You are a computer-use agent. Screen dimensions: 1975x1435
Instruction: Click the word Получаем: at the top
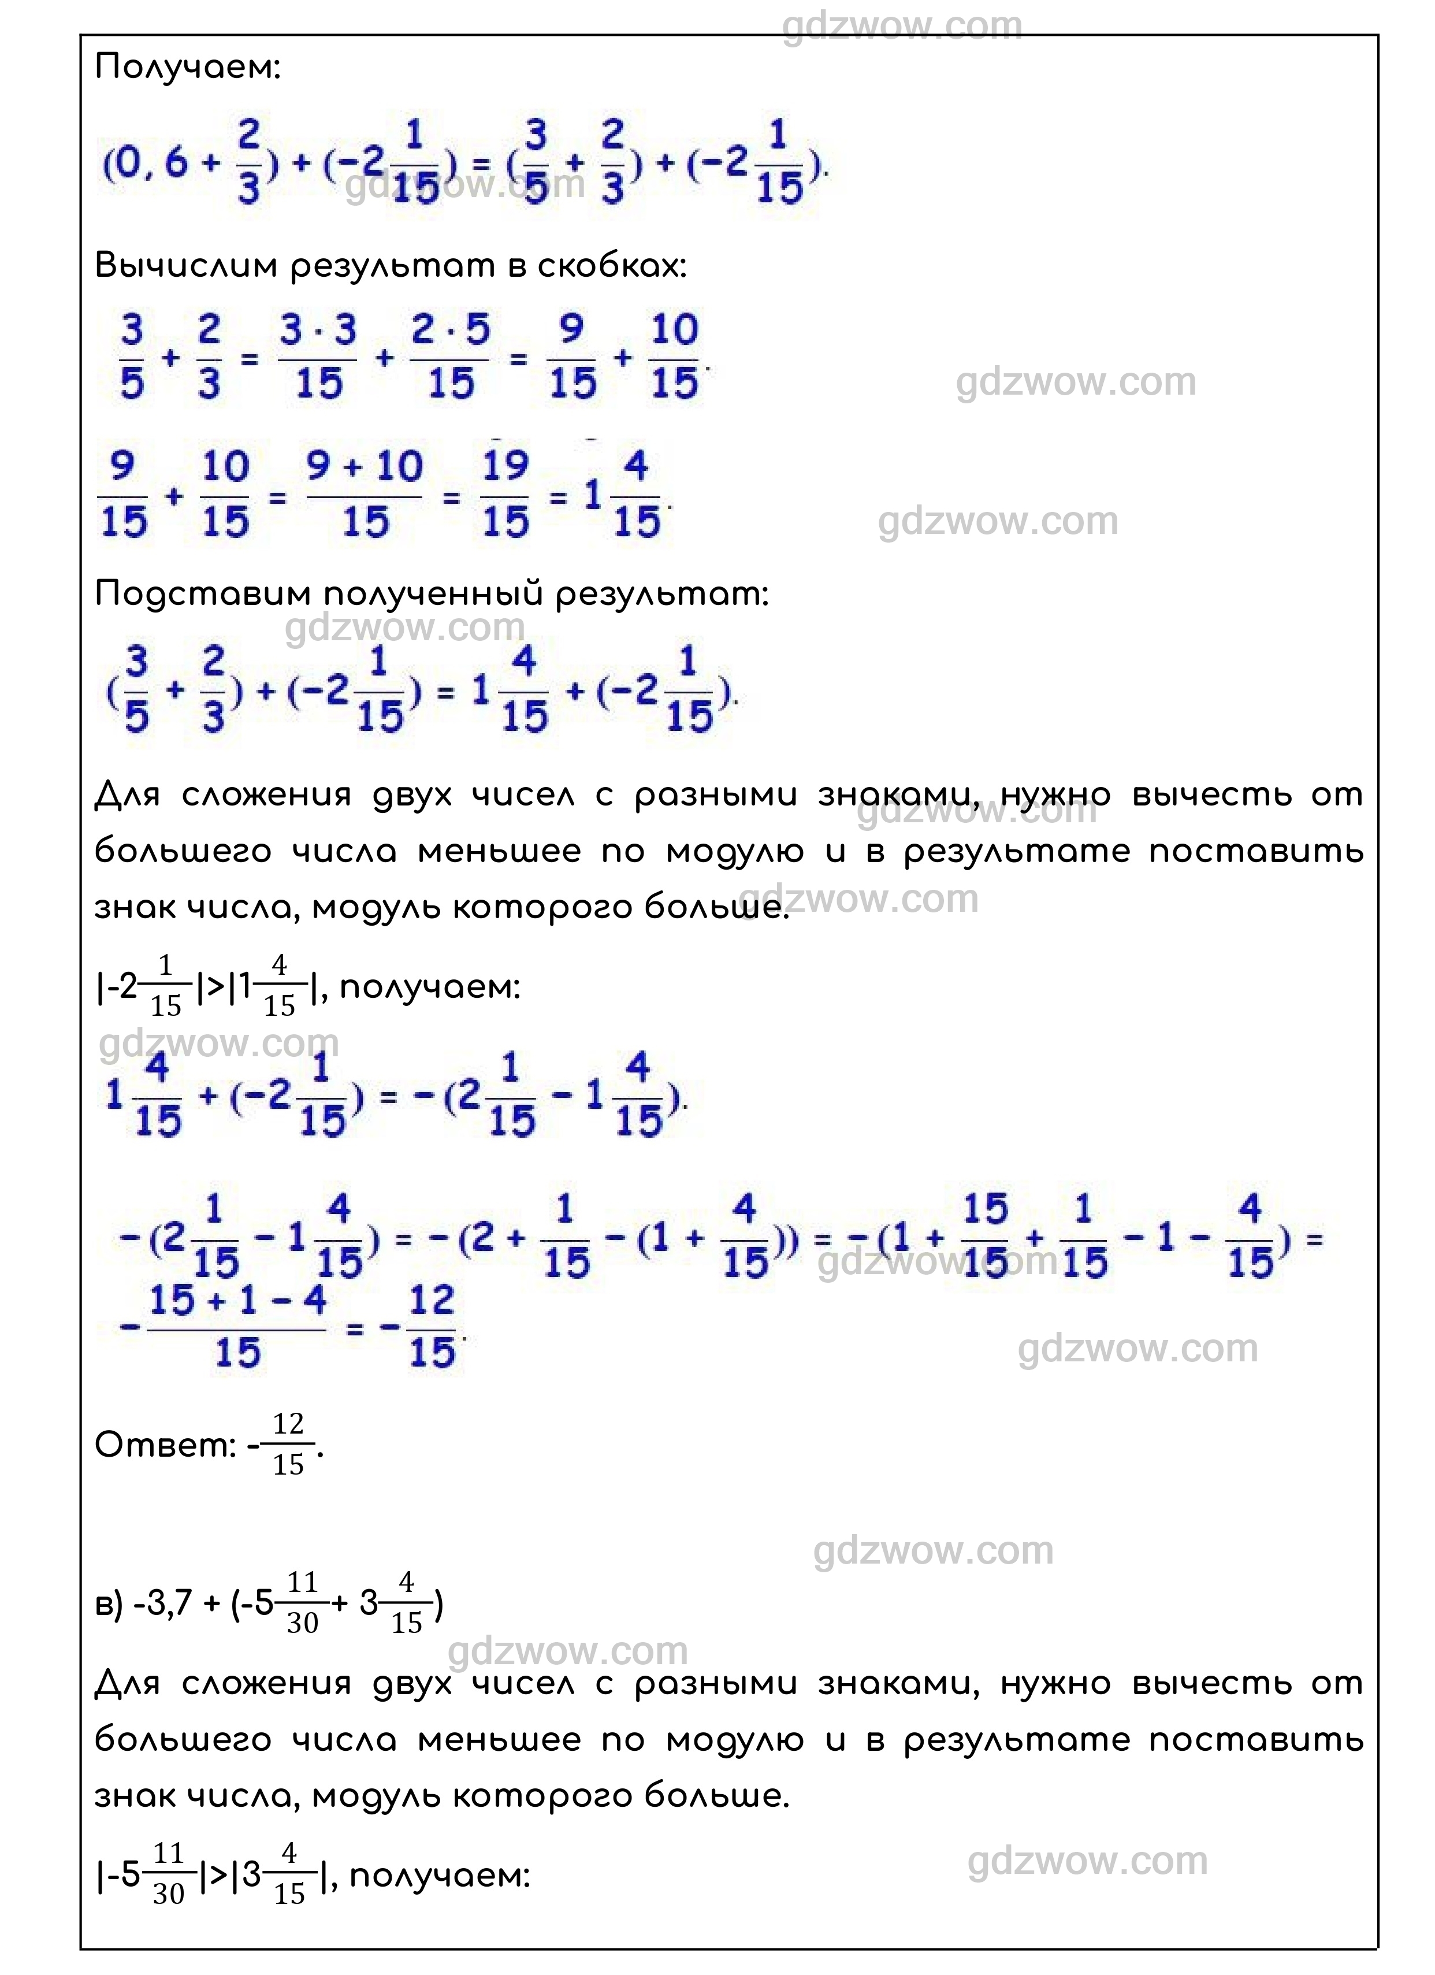[187, 67]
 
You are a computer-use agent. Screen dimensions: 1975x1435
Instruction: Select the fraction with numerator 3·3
[318, 357]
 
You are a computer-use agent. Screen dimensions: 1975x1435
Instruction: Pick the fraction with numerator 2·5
[449, 357]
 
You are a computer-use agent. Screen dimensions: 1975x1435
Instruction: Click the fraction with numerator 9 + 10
[365, 495]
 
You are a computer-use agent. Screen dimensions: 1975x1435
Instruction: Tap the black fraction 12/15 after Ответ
[288, 1446]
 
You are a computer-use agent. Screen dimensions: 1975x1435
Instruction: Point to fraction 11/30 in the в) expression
[302, 1604]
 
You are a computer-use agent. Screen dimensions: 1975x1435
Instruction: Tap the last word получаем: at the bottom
[439, 1875]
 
